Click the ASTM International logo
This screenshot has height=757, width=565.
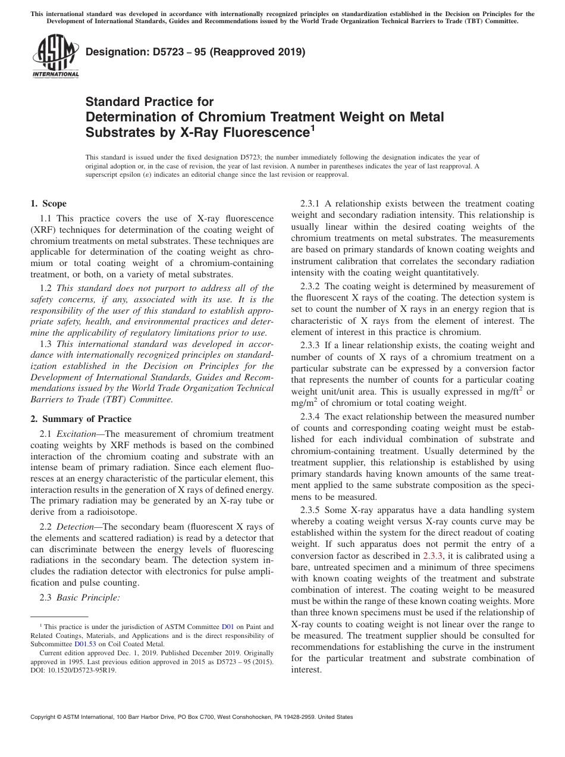(55, 57)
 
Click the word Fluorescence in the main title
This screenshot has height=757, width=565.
(267, 133)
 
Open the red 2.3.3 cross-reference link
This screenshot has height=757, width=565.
(432, 555)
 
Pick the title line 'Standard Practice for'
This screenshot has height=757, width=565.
(149, 102)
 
